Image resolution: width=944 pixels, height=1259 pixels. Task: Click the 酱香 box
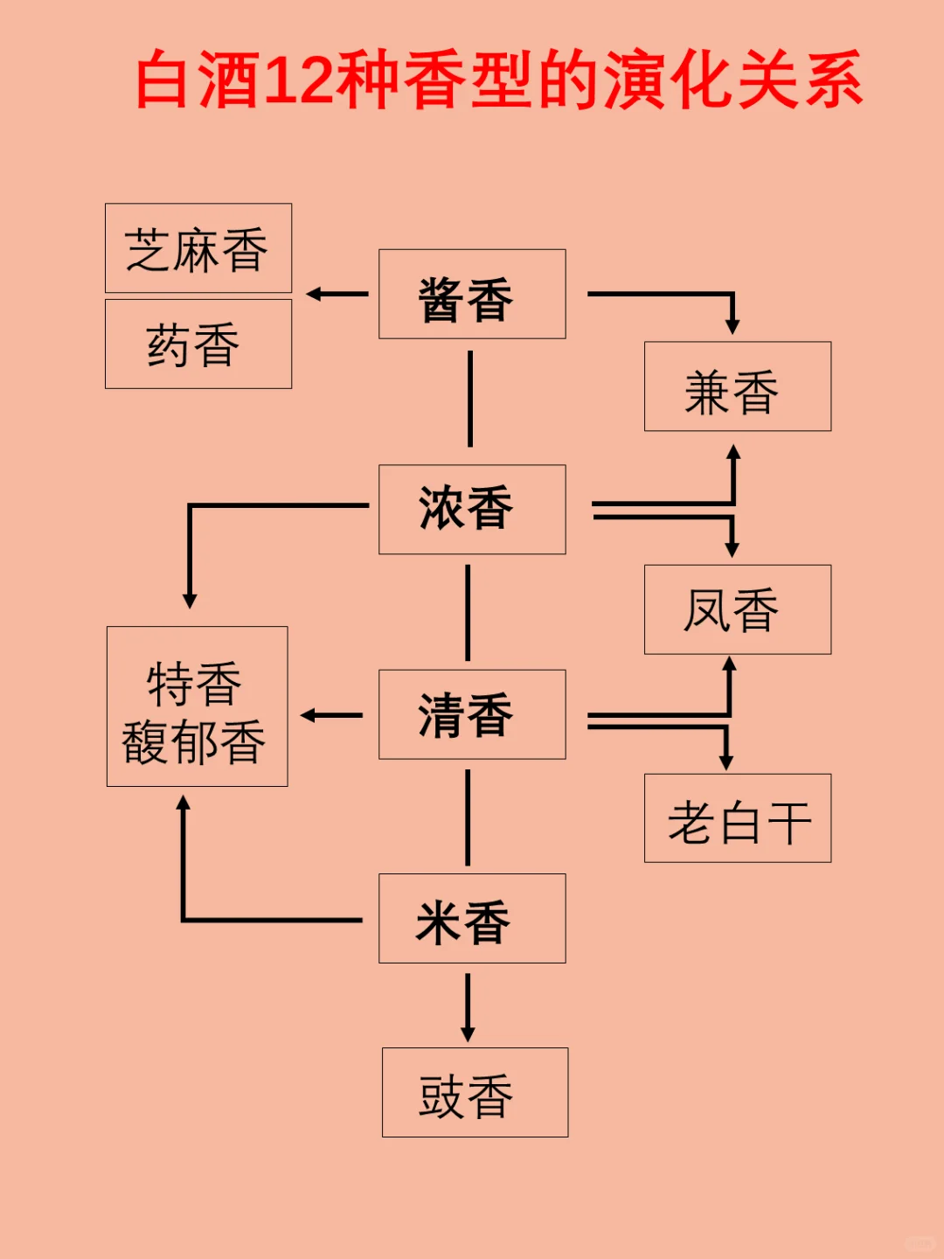(472, 295)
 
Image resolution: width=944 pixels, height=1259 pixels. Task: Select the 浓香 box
(472, 510)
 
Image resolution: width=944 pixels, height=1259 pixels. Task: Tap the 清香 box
(472, 714)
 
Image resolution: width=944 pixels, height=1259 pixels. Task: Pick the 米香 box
(472, 919)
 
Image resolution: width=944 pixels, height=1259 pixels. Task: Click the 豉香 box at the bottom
(475, 1093)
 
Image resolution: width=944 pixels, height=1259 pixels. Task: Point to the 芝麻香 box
(198, 248)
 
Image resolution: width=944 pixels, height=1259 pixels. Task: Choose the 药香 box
(198, 344)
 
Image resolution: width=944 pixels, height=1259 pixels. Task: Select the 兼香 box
(738, 386)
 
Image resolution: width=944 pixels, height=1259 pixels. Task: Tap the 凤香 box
(738, 609)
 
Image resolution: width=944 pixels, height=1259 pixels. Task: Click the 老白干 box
(738, 818)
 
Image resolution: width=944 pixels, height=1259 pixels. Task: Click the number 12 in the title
(298, 80)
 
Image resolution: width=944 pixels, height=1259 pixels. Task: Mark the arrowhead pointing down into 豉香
(468, 1033)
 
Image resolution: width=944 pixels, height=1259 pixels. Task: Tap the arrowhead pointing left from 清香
(309, 715)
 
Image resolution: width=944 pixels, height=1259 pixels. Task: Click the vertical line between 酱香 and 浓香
(470, 399)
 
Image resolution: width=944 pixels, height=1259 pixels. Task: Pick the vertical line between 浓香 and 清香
(468, 612)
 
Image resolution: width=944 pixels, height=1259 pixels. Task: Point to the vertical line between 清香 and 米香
(468, 817)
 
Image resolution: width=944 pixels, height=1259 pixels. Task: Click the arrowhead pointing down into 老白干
(725, 762)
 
